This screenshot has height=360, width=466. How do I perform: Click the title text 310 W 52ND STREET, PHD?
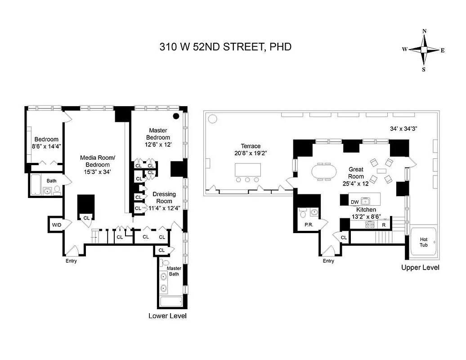tap(225, 46)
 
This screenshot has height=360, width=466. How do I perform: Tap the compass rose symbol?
tap(424, 50)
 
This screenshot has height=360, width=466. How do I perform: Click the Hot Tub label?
tap(424, 242)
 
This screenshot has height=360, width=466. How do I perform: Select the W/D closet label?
tap(56, 224)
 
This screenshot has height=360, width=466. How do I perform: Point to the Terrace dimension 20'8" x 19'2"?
tap(251, 153)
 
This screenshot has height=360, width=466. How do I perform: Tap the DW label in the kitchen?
tap(354, 202)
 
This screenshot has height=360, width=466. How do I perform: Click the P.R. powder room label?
tap(309, 225)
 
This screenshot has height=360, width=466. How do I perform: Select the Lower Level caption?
tap(167, 316)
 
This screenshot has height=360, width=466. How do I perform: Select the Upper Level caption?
tap(420, 267)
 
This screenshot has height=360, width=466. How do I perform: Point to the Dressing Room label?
tap(164, 198)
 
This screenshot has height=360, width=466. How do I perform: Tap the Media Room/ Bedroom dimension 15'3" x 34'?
tap(98, 171)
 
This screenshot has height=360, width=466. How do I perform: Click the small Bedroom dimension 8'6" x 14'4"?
tap(47, 146)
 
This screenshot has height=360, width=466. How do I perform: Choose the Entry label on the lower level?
tap(71, 261)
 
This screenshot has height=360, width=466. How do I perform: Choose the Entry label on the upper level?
tap(328, 261)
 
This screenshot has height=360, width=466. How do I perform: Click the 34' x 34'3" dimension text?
tap(404, 128)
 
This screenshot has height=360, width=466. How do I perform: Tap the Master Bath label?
tap(174, 271)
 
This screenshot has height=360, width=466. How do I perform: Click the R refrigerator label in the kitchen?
tap(384, 225)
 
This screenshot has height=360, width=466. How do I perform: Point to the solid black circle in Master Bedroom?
tap(177, 116)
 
